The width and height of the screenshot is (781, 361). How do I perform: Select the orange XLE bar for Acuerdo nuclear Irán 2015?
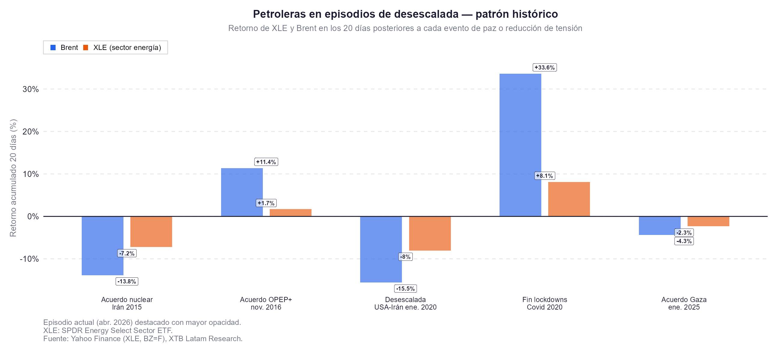[151, 231]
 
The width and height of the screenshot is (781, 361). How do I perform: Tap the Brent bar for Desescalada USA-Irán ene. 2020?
[381, 249]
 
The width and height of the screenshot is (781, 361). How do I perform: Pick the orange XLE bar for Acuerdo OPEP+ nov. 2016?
[290, 212]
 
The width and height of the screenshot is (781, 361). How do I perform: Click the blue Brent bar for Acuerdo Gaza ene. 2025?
[659, 225]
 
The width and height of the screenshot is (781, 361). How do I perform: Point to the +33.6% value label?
[545, 67]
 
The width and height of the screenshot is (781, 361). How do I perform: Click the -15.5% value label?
[405, 288]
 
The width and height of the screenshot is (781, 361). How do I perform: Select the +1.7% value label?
[266, 203]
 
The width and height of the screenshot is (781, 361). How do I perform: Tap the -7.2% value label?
[127, 253]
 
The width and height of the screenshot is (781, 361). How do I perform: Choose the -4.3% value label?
[684, 241]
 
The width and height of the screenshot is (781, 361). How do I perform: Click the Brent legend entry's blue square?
[53, 48]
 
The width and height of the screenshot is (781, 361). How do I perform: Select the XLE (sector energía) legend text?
[127, 48]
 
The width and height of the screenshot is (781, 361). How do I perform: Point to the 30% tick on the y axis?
[31, 89]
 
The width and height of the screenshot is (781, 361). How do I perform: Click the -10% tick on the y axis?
[29, 259]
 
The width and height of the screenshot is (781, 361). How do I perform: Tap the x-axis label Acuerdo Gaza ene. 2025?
[684, 303]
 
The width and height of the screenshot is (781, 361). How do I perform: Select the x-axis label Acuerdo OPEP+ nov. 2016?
[266, 303]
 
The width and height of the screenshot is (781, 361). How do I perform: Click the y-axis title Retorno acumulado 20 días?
[13, 178]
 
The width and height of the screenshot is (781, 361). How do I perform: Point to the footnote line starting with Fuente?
[143, 338]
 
